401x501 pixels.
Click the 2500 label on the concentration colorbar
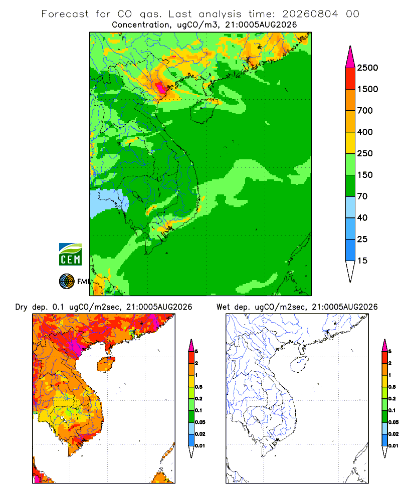coord(367,68)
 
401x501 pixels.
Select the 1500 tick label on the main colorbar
coord(367,89)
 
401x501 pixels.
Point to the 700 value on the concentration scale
coord(365,111)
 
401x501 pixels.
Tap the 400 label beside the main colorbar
coord(365,132)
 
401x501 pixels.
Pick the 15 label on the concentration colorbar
coord(362,261)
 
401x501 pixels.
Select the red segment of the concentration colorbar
coord(350,79)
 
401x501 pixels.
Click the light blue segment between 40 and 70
coord(350,207)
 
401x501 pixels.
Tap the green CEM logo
coord(70,255)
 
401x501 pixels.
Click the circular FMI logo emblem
coord(67,282)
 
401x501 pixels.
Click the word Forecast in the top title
coord(65,14)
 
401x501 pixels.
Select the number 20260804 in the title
coord(310,14)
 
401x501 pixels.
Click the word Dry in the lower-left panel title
coord(22,307)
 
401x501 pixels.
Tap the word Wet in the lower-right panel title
coord(223,307)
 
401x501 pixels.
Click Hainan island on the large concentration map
coord(203,111)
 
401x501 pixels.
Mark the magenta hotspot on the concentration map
coord(160,87)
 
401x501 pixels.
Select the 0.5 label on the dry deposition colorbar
coord(198,387)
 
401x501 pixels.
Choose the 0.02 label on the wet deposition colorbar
coord(393,434)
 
